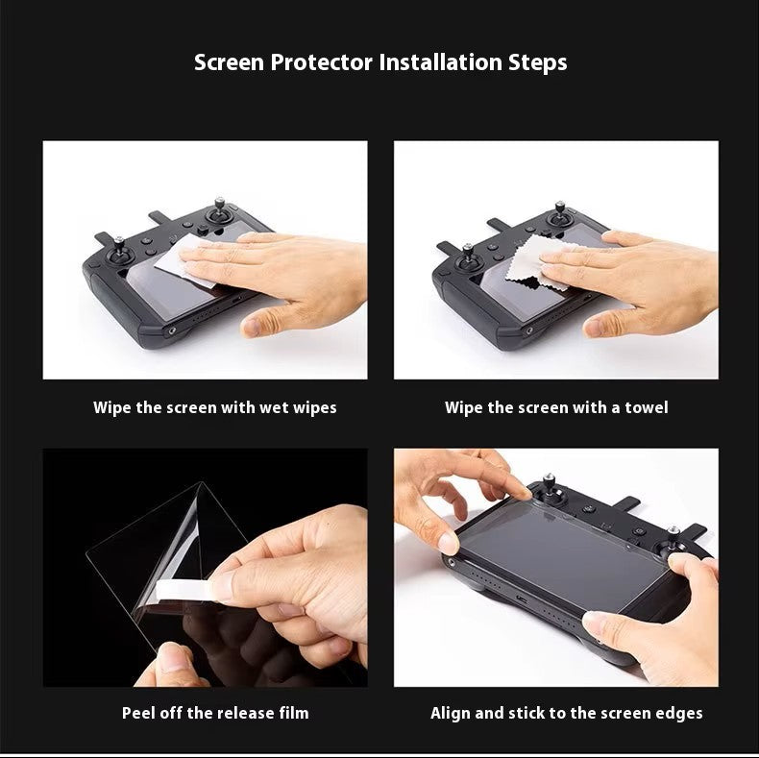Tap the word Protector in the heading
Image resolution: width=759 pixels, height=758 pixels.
click(323, 63)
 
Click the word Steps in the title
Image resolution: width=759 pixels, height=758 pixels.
click(537, 63)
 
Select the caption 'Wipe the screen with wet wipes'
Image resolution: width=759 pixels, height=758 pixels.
click(214, 407)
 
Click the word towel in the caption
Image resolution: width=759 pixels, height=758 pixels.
click(646, 407)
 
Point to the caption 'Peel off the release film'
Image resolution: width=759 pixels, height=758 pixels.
click(215, 713)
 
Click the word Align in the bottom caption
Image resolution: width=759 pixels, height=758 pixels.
click(452, 713)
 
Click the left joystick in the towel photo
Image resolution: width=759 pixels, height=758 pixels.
click(469, 256)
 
